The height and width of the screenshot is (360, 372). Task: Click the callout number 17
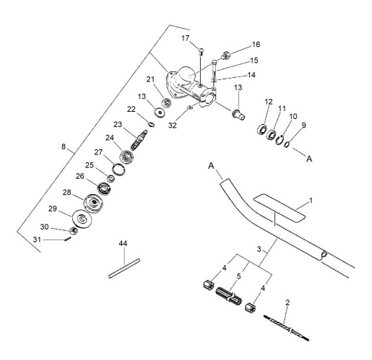click(x=185, y=38)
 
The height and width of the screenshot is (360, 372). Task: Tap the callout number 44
click(x=123, y=243)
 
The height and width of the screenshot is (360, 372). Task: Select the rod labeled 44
click(x=124, y=268)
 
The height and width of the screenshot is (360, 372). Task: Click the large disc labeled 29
click(x=82, y=219)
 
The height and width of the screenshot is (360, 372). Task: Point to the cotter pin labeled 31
click(x=68, y=239)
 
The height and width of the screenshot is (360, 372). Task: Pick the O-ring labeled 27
click(x=118, y=170)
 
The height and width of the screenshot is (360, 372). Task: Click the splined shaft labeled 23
click(x=139, y=140)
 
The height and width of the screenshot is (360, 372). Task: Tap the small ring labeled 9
click(x=287, y=145)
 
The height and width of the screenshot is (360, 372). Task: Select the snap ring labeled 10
click(x=280, y=140)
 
